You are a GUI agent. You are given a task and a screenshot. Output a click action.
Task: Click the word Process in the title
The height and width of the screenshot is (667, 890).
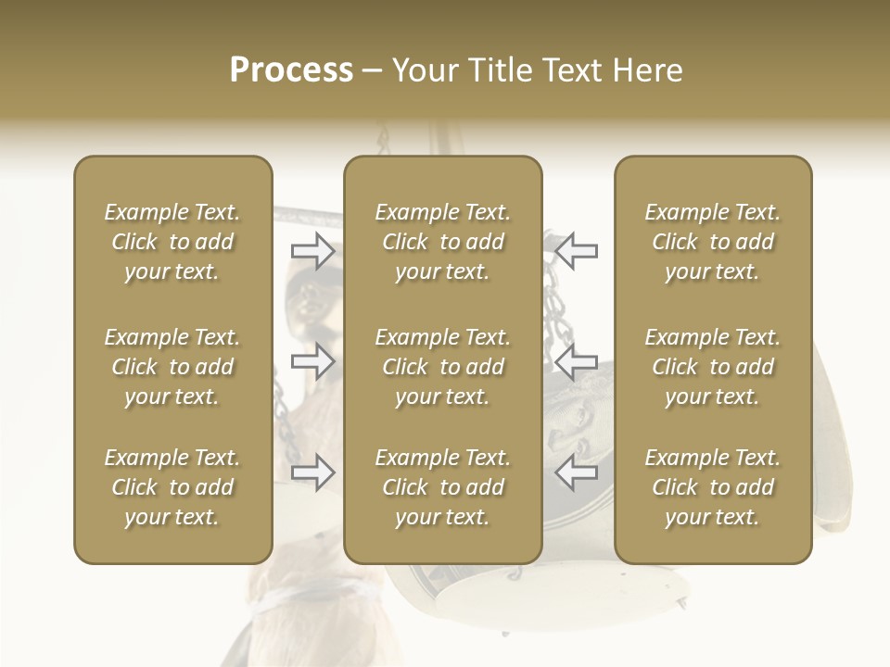(x=291, y=70)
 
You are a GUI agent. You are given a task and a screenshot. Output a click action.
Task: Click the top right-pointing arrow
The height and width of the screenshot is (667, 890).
(x=312, y=251)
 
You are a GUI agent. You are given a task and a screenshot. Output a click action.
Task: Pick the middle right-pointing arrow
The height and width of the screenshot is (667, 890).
(x=312, y=361)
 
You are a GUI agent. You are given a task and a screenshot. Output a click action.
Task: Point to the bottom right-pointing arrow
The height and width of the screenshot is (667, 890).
(x=312, y=472)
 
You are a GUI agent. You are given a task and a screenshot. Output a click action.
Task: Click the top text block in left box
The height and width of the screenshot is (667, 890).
(x=172, y=242)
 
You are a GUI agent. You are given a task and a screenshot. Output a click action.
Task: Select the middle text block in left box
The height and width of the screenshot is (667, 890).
(x=172, y=367)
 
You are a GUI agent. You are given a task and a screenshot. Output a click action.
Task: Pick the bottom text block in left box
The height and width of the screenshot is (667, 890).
(x=172, y=487)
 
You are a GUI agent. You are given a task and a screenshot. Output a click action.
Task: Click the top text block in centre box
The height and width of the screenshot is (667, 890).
(x=442, y=242)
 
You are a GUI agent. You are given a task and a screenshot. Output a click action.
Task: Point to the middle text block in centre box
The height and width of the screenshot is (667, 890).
(x=442, y=367)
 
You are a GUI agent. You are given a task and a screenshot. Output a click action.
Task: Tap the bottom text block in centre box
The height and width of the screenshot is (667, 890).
(x=442, y=487)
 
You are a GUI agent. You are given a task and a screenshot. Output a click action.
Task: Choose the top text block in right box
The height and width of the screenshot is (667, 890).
(x=712, y=242)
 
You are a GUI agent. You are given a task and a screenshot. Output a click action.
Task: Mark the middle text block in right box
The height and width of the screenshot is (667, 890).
(x=712, y=367)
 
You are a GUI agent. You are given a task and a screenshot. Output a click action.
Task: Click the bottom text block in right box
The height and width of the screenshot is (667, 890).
(x=712, y=487)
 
